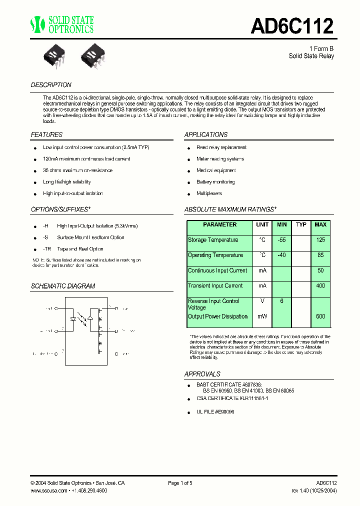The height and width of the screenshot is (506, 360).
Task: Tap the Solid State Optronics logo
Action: click(x=62, y=24)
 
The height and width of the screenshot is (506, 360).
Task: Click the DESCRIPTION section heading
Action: click(x=51, y=85)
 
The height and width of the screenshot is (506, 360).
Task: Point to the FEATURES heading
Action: click(x=46, y=134)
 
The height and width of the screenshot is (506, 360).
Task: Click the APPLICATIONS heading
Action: click(x=206, y=134)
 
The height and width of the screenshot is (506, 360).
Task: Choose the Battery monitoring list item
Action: click(x=215, y=182)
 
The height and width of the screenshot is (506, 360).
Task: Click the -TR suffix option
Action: click(x=47, y=248)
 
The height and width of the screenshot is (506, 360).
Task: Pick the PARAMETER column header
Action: click(x=219, y=225)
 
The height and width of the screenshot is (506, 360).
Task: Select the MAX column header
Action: click(x=320, y=225)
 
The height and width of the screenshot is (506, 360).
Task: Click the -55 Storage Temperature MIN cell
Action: click(x=282, y=240)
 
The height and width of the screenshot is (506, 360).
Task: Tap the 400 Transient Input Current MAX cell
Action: click(x=320, y=286)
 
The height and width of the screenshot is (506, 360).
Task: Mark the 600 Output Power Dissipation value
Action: click(x=320, y=316)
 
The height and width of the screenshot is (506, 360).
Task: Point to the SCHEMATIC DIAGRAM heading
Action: click(x=63, y=286)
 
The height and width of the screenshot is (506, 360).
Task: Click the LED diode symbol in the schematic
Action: click(x=73, y=318)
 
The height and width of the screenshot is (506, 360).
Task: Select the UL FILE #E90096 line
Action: click(x=215, y=411)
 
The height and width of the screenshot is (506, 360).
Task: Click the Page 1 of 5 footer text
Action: click(x=180, y=483)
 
